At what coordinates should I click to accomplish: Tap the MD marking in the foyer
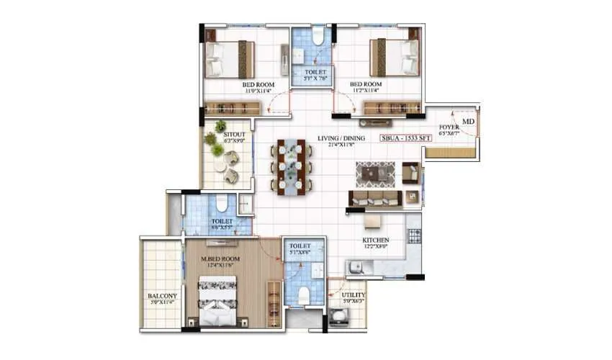[468, 122]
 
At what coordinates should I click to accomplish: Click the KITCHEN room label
[375, 240]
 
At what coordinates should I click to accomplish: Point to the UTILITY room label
[354, 295]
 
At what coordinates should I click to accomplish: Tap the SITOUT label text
[234, 135]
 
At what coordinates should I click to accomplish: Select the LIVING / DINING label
[341, 138]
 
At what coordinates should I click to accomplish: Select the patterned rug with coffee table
[375, 174]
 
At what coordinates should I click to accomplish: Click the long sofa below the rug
[374, 198]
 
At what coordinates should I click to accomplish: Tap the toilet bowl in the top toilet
[318, 37]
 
